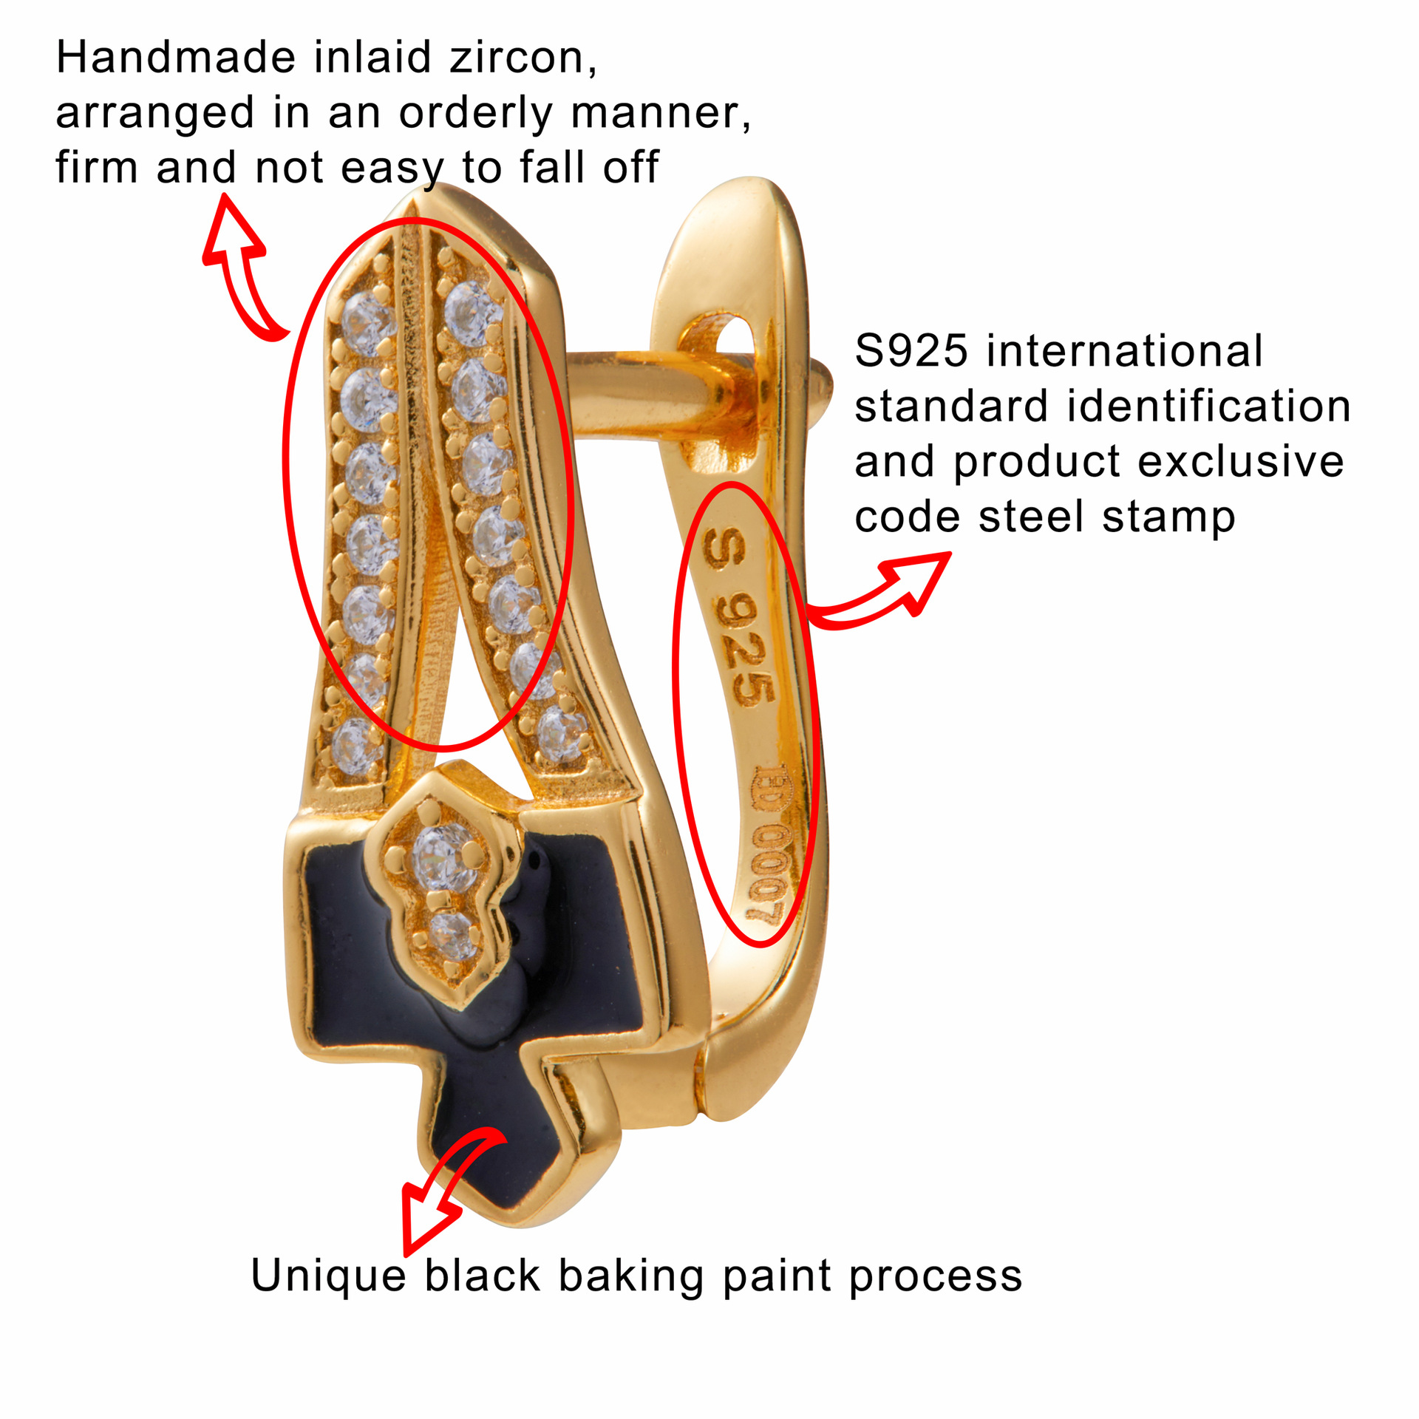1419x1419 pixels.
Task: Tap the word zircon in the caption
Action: click(522, 58)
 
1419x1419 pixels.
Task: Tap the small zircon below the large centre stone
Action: click(452, 935)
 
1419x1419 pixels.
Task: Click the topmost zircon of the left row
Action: click(367, 319)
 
